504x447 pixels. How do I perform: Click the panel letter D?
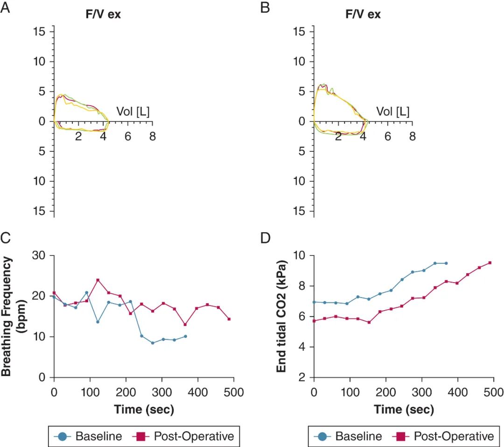265,238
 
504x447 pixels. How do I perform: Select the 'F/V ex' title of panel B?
363,14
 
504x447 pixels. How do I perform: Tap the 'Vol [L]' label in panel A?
133,112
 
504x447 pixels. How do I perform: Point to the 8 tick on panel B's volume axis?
412,136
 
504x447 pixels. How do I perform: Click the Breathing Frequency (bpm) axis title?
13,316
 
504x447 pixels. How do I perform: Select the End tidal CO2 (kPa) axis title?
281,316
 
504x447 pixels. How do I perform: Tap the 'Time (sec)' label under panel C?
144,410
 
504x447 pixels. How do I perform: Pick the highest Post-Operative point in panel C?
98,280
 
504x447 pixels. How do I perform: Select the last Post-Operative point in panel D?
490,263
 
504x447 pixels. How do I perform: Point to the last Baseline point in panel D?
446,263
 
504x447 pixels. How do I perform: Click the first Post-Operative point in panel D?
314,321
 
